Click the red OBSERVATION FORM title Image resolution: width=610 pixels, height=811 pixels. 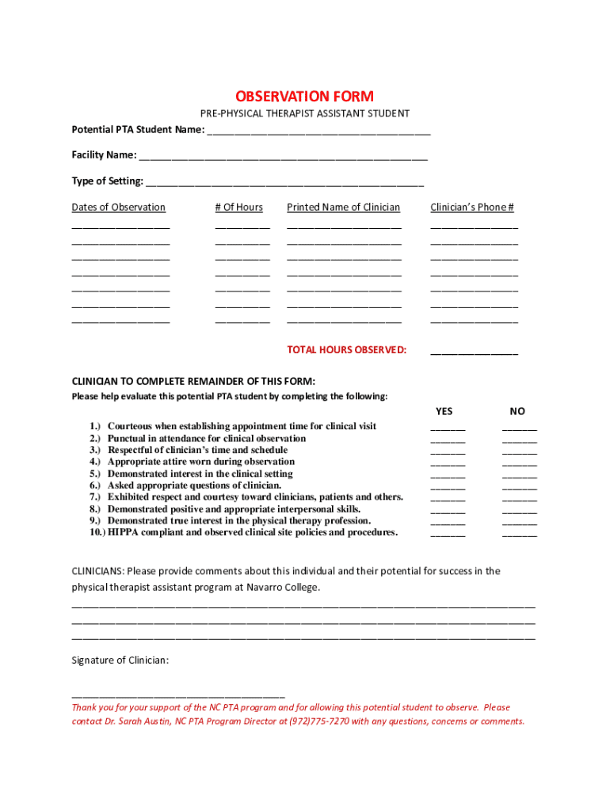[304, 97]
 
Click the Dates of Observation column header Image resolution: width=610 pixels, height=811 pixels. [119, 208]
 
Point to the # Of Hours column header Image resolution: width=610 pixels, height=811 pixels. [238, 208]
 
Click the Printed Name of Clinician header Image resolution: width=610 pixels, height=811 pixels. [343, 208]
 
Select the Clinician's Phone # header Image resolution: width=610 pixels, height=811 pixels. [472, 208]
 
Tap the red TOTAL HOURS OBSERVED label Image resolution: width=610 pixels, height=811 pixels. [346, 350]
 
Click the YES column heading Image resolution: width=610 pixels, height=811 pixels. [444, 411]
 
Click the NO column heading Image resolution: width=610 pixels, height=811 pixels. [517, 411]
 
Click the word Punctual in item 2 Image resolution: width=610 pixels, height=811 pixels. [128, 438]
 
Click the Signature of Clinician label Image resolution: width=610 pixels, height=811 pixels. [120, 661]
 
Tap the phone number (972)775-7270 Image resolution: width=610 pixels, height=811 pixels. [319, 722]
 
